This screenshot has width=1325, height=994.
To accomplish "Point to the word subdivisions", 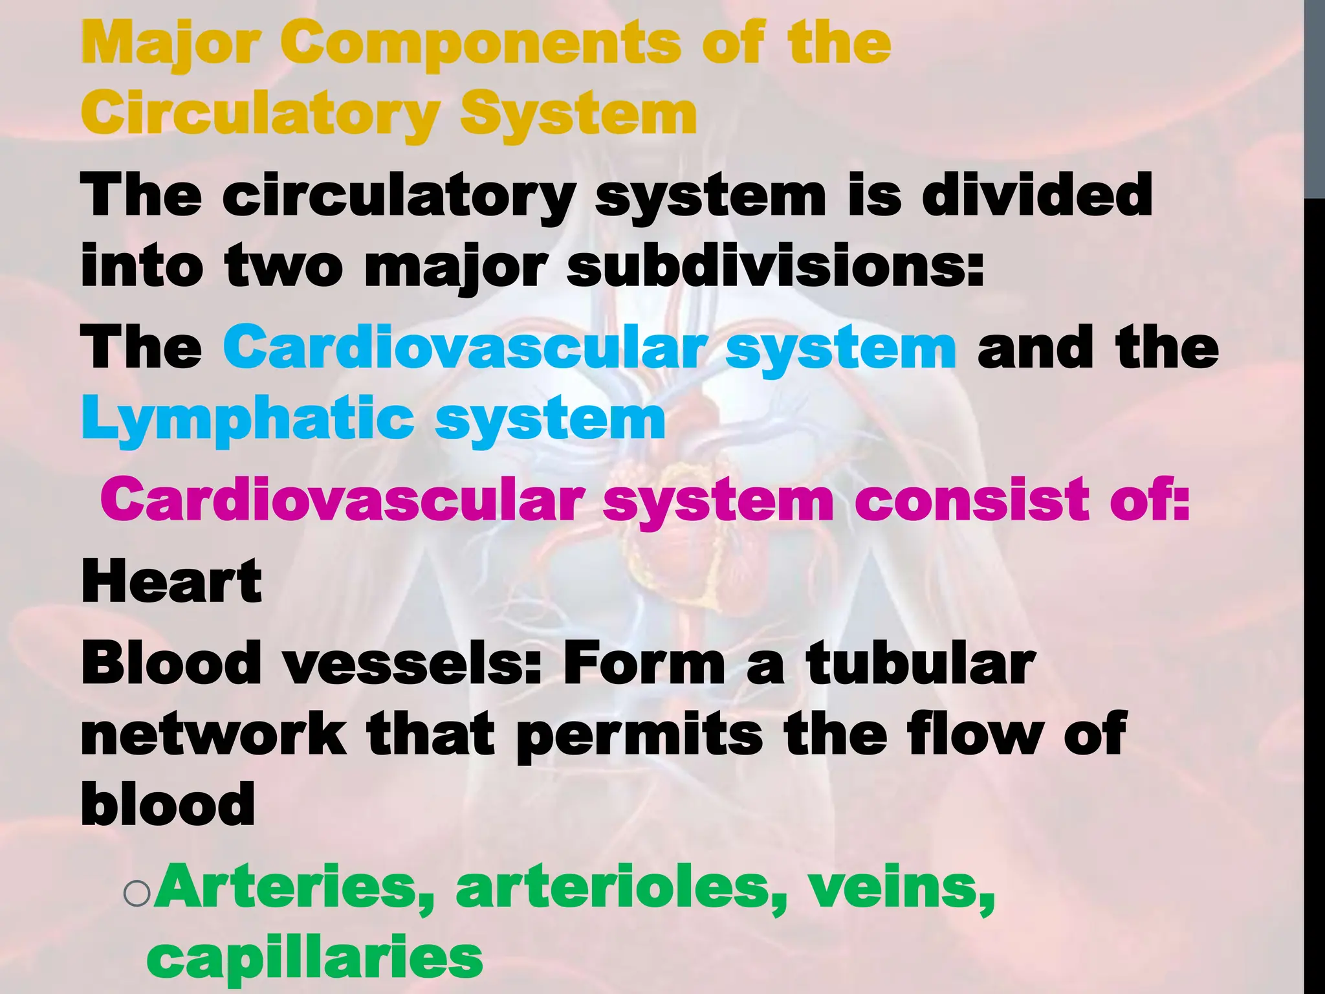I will point(774,266).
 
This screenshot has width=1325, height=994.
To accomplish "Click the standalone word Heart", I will point(171,581).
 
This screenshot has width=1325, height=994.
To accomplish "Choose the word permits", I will point(639,736).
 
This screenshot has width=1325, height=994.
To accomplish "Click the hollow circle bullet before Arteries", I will point(137,893).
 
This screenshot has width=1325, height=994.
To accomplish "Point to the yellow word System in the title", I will point(578,114).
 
